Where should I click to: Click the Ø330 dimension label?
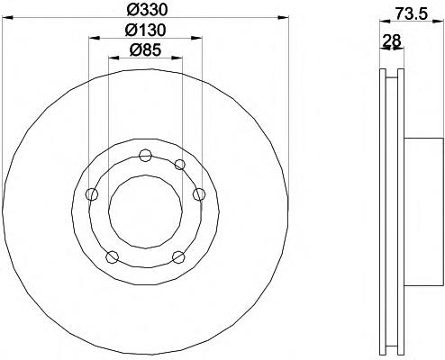pos(147,11)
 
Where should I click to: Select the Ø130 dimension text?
pos(145,30)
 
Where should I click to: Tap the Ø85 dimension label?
pos(145,49)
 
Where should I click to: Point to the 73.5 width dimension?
pos(411,13)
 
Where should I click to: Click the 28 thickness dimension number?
pos(392,40)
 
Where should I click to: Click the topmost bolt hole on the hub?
pos(145,155)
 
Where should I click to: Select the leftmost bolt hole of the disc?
pos(92,194)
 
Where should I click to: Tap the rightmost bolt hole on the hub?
pos(199,194)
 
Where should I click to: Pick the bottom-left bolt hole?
pos(112,256)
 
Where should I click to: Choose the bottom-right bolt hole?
pos(178,256)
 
